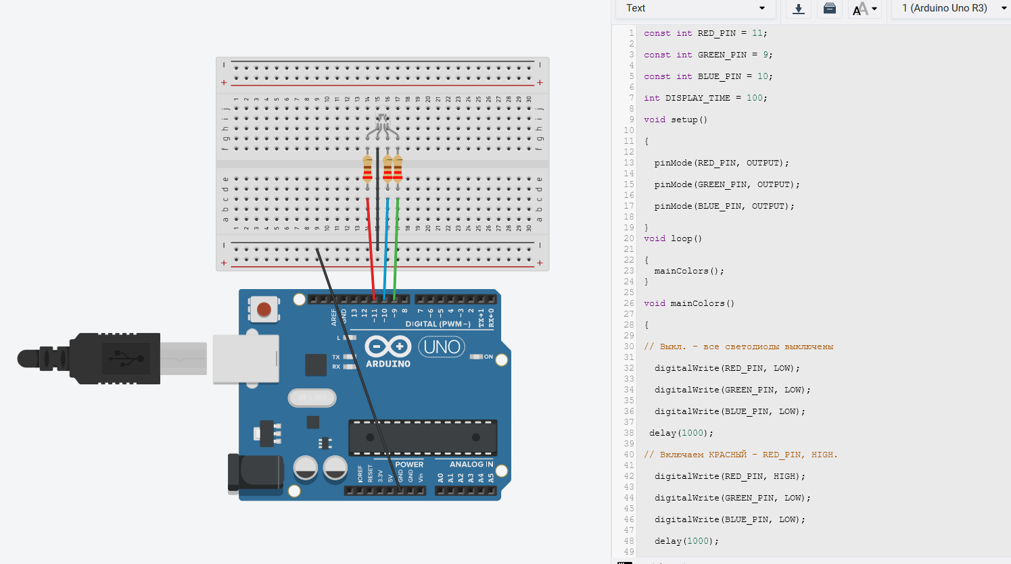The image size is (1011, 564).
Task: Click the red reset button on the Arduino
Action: click(x=264, y=309)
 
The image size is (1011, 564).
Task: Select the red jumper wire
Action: click(x=371, y=249)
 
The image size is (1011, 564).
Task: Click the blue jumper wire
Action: click(x=385, y=249)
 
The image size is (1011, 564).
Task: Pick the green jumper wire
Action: click(x=396, y=249)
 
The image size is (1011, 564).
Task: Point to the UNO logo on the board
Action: click(x=442, y=347)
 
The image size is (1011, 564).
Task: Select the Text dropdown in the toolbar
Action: click(x=695, y=8)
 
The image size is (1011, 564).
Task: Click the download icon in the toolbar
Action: click(x=799, y=9)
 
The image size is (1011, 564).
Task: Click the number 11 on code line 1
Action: click(x=757, y=33)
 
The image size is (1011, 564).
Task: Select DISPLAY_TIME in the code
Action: click(x=698, y=98)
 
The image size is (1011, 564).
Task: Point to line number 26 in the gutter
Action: click(x=629, y=303)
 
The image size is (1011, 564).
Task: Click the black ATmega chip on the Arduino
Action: click(x=423, y=437)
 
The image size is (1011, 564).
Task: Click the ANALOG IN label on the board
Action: click(x=471, y=464)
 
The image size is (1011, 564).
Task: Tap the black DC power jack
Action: click(x=256, y=473)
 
